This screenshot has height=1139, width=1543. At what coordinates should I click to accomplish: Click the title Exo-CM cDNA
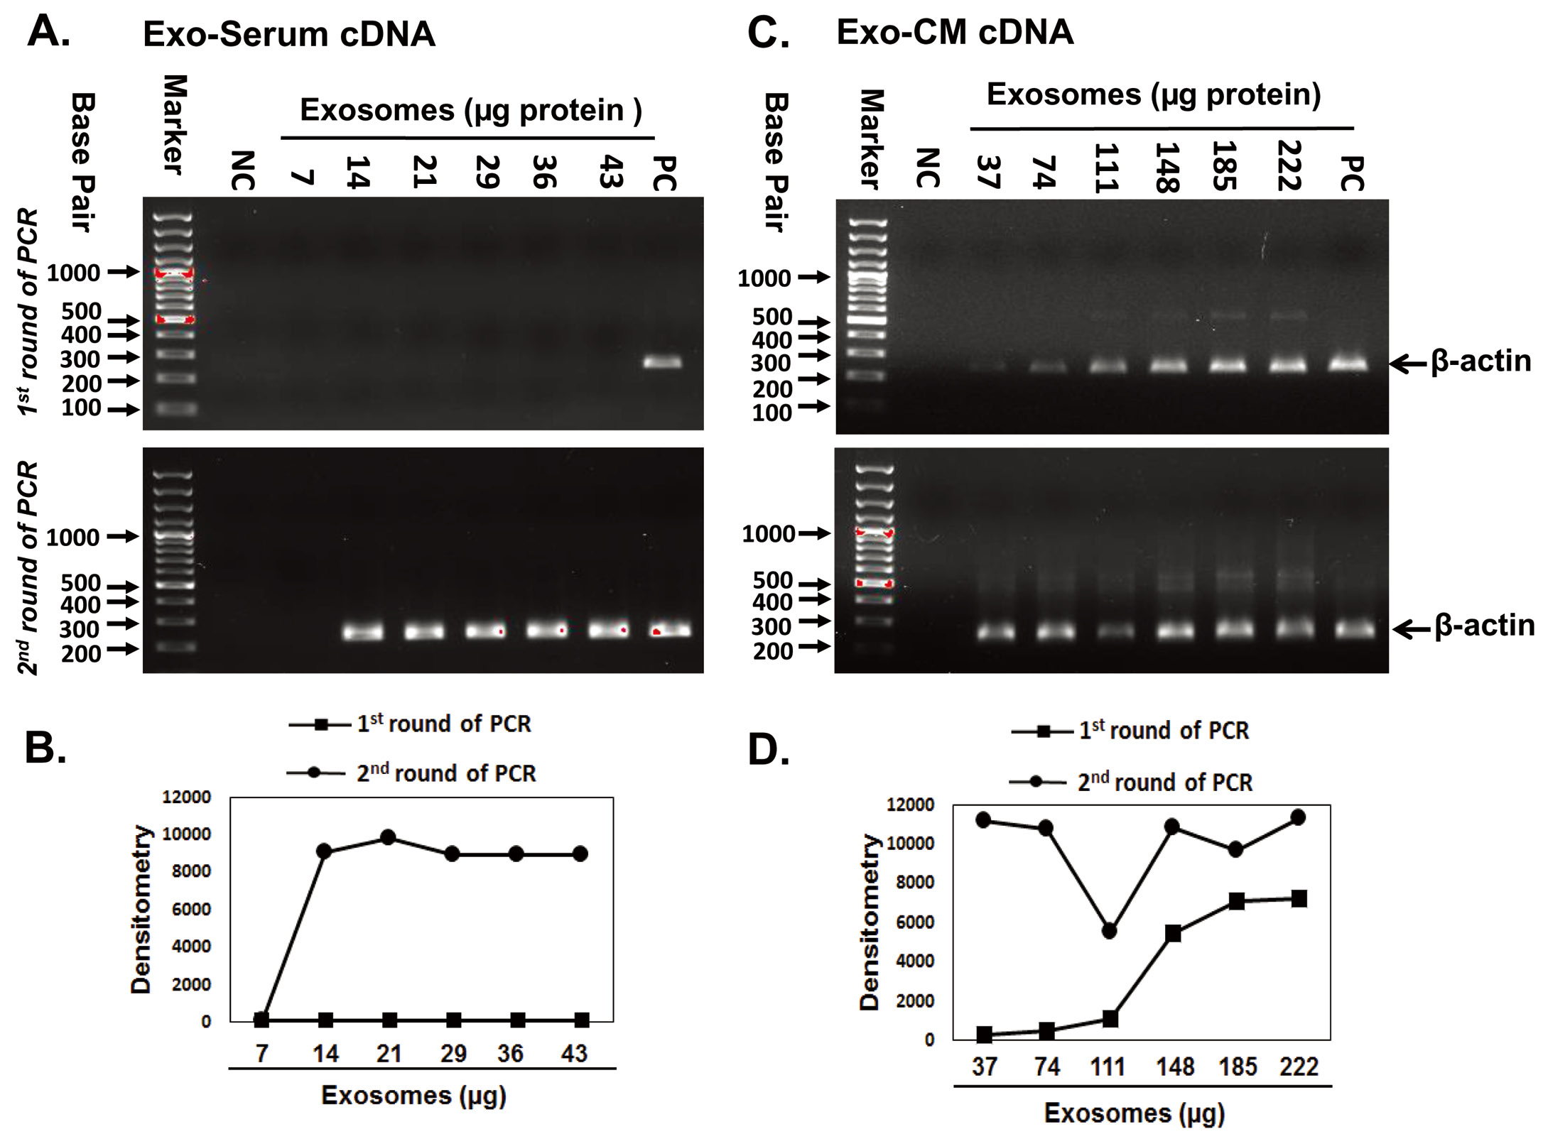pos(954,33)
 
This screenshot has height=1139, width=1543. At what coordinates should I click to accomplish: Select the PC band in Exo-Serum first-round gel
pos(662,362)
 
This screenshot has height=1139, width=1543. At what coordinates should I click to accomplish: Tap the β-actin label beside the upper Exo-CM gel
pos(1480,361)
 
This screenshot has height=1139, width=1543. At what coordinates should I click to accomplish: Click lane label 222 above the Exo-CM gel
pos(1288,165)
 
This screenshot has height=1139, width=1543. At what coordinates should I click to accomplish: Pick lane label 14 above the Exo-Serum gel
pos(357,172)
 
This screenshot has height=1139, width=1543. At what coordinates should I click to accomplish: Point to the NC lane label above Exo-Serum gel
pos(242,170)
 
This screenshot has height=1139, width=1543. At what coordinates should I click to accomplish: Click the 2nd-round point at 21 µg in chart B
pos(388,838)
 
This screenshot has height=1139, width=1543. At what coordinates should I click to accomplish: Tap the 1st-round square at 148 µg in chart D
pos(1173,934)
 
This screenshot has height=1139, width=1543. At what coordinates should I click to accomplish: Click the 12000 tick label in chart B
pos(186,797)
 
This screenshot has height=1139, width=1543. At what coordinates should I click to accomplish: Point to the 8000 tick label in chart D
pos(910,883)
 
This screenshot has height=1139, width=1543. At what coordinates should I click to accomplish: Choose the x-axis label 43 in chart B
pos(574,1053)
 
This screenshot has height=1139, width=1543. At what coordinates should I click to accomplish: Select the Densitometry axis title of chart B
pos(141,909)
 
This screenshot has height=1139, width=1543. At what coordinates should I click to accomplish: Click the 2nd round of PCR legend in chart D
pos(1164,783)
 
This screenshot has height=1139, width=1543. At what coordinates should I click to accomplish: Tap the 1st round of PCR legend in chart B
pos(443,724)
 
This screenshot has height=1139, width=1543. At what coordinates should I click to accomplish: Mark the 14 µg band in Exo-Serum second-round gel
pos(363,631)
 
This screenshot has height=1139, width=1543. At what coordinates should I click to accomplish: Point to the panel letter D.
pos(769,749)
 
